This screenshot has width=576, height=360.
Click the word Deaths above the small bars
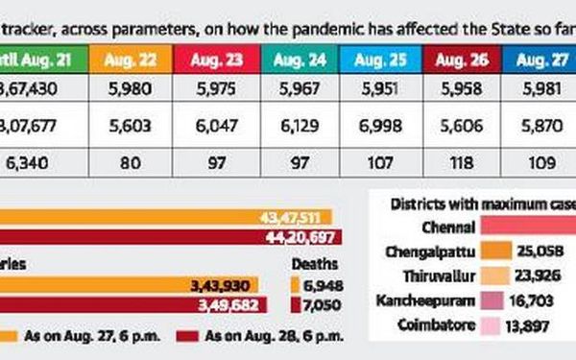point(310,264)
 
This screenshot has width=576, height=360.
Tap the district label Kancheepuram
point(436,300)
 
